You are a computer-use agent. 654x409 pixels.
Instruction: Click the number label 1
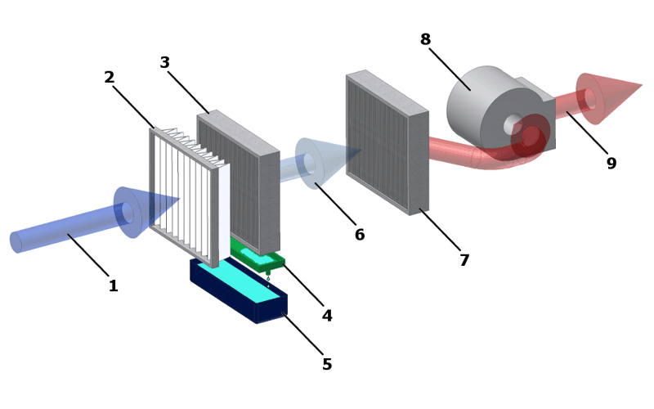tap(113, 286)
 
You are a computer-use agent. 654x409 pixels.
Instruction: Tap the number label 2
tap(110, 78)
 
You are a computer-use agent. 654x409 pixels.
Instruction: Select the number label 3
tap(164, 63)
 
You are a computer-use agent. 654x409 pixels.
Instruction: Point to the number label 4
tap(327, 316)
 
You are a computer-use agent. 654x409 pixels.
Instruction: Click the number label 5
tap(327, 365)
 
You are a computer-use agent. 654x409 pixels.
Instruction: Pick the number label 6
tap(360, 235)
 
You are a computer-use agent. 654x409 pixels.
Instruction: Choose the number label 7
tap(464, 260)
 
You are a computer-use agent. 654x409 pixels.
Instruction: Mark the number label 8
tap(425, 39)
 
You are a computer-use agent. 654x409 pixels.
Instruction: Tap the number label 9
tap(611, 164)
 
